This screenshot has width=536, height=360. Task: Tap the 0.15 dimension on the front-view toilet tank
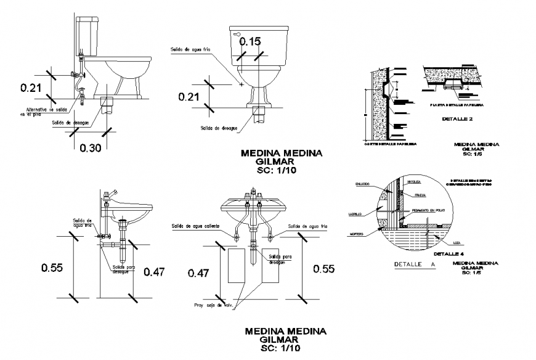coord(250,42)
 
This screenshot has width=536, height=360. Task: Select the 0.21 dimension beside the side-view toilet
coord(30,88)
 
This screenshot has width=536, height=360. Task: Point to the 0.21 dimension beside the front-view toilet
coord(189,97)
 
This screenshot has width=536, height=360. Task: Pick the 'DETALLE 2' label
coord(457,119)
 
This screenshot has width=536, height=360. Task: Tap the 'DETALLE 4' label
coord(448,253)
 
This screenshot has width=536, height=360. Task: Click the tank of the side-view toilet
coord(87,36)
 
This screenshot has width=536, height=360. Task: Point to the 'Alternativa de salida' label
coord(41,110)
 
